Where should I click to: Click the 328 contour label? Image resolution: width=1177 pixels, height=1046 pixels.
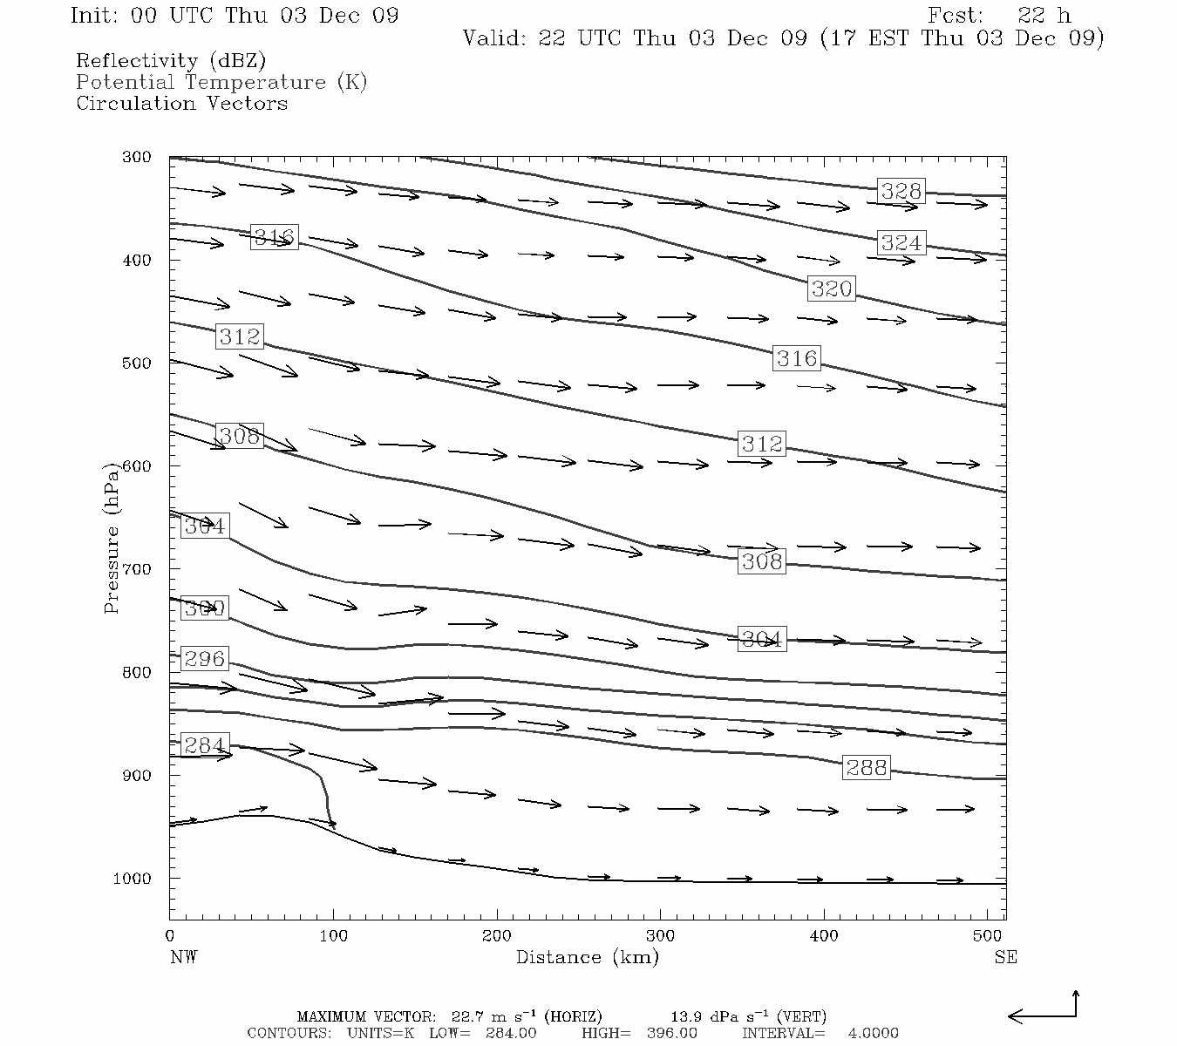pos(901,191)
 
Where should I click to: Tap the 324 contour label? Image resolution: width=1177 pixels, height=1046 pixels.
pos(901,242)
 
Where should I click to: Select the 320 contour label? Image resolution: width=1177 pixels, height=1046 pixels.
pos(831,289)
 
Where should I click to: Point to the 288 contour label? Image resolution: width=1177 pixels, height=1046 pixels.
pos(866,767)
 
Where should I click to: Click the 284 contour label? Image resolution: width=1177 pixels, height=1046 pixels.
pos(204,746)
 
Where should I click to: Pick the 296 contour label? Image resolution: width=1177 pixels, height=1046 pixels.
pos(204,659)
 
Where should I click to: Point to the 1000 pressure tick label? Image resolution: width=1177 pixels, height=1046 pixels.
pos(132,879)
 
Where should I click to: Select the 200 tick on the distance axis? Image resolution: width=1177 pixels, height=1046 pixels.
pos(497,936)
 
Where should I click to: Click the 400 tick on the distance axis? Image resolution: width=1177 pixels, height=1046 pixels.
pos(824,936)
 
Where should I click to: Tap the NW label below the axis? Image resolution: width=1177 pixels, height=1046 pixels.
pos(183,957)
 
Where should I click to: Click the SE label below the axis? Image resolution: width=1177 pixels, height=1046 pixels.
pos(1005,957)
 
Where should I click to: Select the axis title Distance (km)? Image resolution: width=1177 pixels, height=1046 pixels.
pos(587,957)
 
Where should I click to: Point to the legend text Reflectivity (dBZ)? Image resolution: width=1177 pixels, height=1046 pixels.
pos(171,61)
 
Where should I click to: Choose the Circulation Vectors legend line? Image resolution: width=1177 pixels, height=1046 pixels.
pos(181,103)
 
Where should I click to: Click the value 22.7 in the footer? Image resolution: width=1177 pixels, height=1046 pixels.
pos(471,1016)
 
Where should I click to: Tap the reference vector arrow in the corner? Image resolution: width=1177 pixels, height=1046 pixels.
pos(1044,1011)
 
